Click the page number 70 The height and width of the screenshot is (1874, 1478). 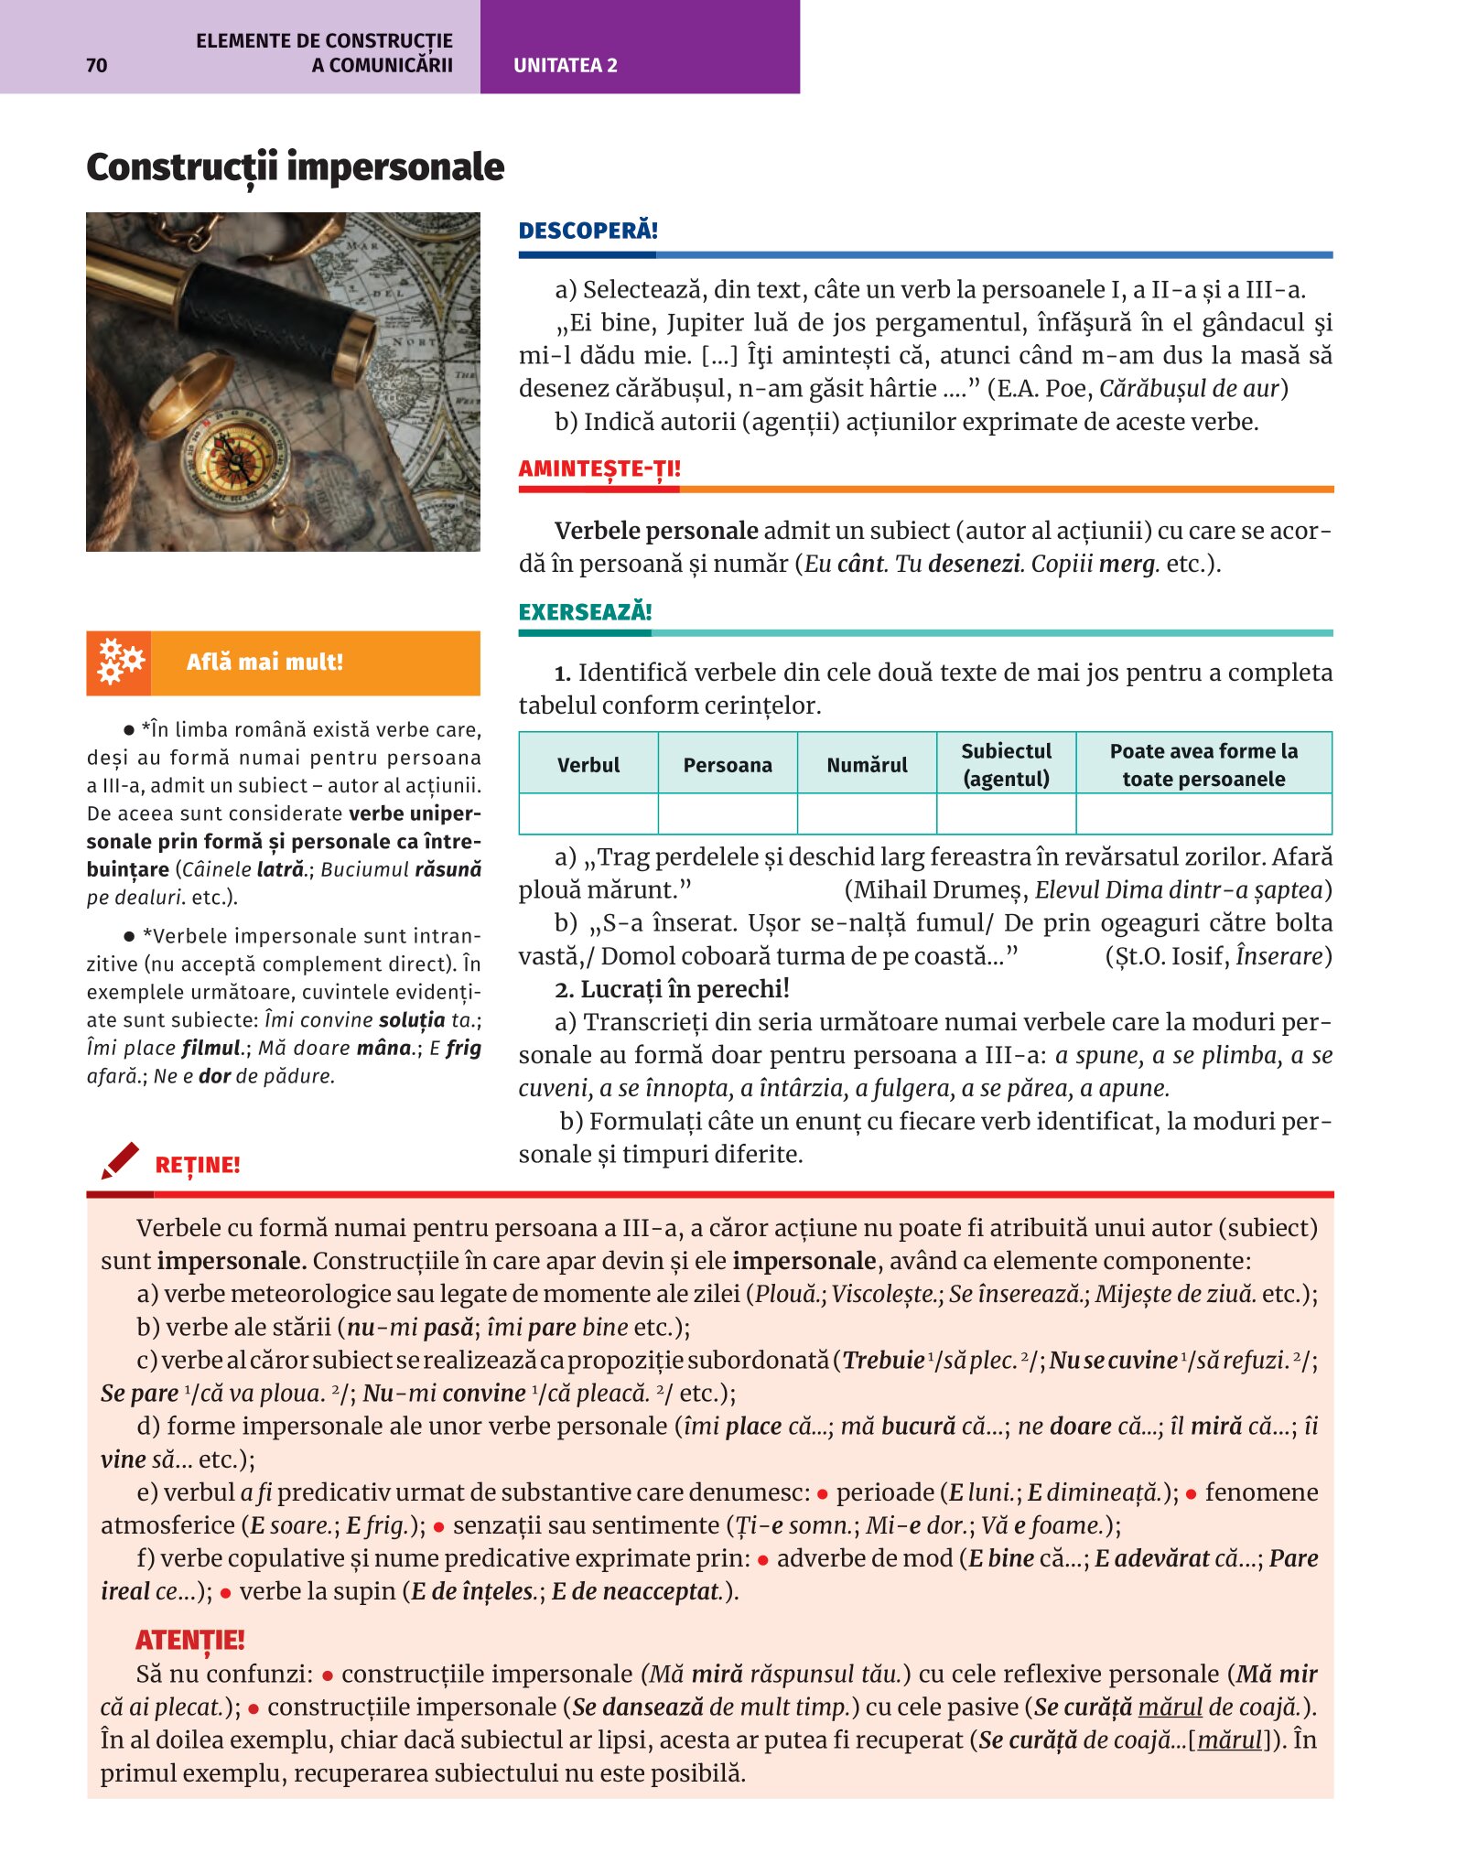96,65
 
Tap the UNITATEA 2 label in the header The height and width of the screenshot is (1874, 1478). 565,66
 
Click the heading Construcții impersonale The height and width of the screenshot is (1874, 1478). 295,167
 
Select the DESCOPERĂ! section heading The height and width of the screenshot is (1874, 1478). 588,231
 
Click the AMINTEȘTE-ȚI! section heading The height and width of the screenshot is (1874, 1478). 599,469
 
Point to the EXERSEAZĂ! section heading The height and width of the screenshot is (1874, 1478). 585,612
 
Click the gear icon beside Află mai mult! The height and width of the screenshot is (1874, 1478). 120,662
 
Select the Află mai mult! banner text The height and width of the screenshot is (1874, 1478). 264,662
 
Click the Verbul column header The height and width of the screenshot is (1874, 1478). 588,765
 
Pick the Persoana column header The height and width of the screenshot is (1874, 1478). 728,765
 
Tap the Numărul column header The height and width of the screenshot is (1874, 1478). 867,765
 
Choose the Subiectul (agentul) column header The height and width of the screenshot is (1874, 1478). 1006,765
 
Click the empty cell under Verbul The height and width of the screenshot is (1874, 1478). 588,813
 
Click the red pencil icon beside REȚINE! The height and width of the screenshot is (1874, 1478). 121,1160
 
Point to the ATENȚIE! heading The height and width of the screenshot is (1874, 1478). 190,1640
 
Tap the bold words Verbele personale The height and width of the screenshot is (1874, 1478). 656,531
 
